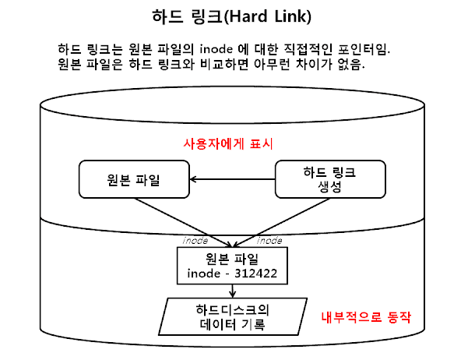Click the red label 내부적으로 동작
tap(366, 319)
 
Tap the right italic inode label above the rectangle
tap(269, 240)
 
